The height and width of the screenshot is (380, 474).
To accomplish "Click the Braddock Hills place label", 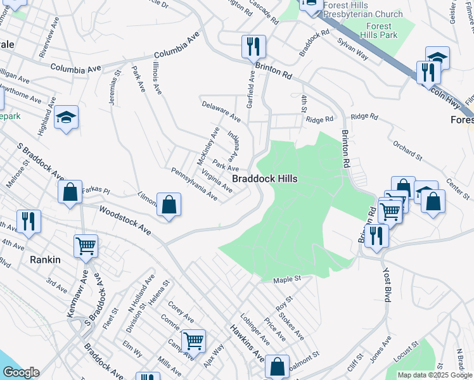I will click(264, 179).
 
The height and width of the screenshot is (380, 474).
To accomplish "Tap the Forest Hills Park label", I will click(380, 30).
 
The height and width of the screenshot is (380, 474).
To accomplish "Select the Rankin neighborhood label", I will click(45, 259).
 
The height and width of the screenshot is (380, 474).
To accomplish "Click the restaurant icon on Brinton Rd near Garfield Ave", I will click(253, 47).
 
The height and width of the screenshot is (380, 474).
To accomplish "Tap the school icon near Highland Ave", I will click(66, 118).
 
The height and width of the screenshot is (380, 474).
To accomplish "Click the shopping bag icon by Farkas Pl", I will click(70, 193).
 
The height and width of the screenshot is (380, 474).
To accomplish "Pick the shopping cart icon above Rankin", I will click(86, 246).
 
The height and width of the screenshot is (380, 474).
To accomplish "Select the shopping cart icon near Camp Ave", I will click(193, 341).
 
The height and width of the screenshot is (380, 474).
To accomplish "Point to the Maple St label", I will click(286, 279).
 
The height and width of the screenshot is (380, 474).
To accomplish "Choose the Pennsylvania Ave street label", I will click(195, 184).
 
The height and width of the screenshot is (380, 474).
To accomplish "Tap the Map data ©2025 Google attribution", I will click(435, 375).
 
